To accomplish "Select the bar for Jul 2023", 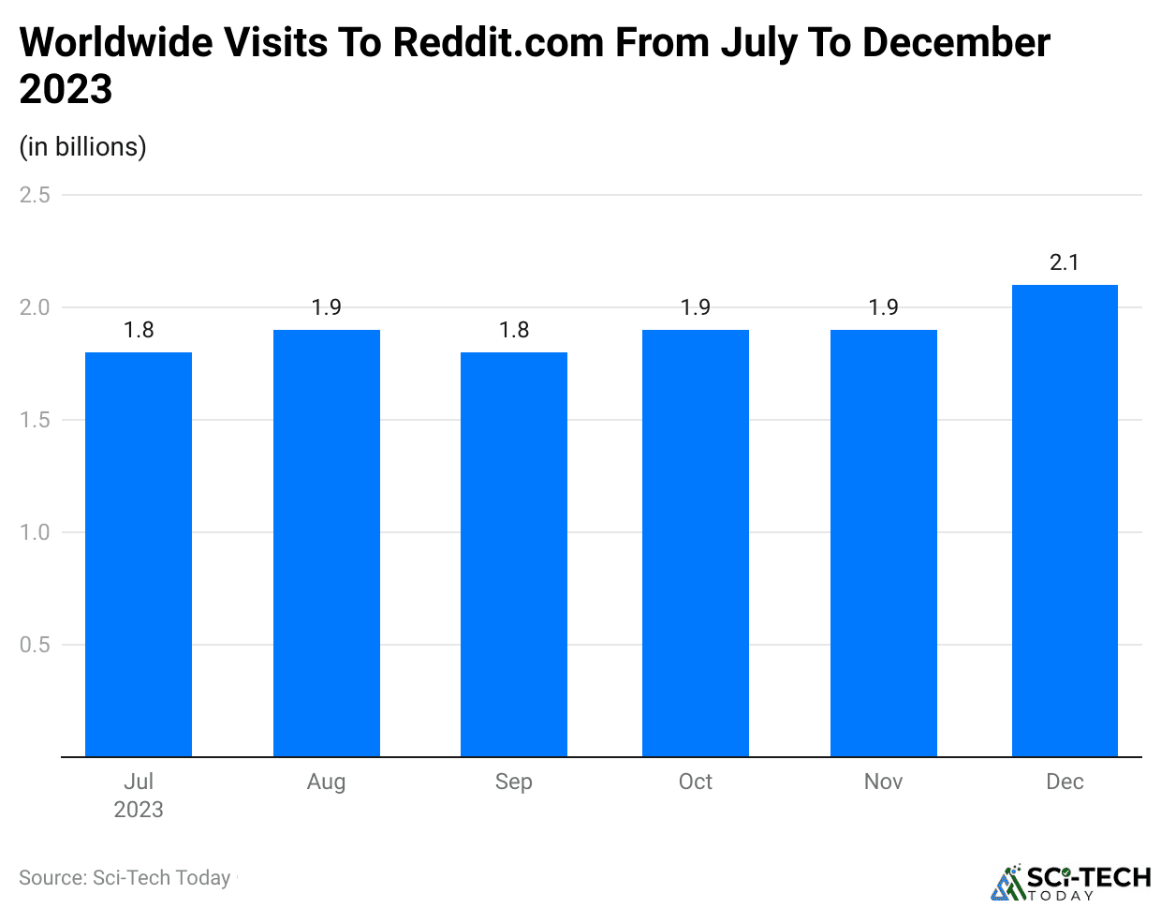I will pos(139,554).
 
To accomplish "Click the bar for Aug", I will pos(327,543).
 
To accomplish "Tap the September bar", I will pos(514,554).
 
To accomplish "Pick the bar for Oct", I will pos(696,543).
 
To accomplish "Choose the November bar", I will pos(884,543).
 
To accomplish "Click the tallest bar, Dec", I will pos(1065,520).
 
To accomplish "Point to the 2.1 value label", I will pos(1065,262).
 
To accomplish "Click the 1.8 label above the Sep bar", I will pos(514,330).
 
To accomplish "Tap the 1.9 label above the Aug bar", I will pos(327,307).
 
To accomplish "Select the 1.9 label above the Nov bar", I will pos(884,307).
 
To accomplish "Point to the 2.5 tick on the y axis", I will pos(35,195).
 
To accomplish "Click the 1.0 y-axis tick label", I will pos(35,532).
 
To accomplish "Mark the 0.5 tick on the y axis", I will pos(35,645).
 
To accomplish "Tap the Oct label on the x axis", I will pos(696,782).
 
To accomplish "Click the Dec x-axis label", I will pos(1065,782).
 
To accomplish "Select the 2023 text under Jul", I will pos(139,810).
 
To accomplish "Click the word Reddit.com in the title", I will pos(500,43).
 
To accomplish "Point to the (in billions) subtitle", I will pos(83,147).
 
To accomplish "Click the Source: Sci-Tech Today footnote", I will pos(125,878).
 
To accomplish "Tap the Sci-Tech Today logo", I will pos(1071,882).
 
